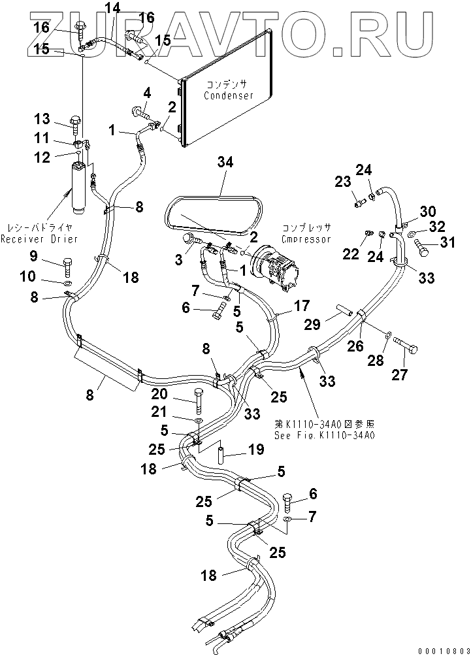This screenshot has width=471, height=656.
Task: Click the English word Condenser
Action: click(229, 95)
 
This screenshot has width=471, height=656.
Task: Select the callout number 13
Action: click(42, 119)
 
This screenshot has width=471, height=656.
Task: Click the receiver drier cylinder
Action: click(78, 186)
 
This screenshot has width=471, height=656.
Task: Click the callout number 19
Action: click(255, 450)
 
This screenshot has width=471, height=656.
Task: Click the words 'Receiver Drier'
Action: click(39, 239)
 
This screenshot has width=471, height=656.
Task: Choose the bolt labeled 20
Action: click(199, 401)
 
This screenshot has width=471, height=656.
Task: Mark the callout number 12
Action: click(42, 157)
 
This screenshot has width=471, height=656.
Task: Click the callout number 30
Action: click(427, 211)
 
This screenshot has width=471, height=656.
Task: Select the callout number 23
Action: click(343, 182)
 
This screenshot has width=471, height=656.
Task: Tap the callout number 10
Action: click(27, 277)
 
